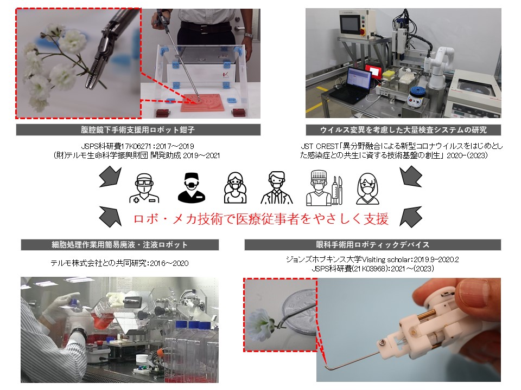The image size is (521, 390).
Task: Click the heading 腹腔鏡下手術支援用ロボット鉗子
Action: (138, 130)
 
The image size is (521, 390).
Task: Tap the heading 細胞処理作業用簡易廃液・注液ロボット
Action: (120, 245)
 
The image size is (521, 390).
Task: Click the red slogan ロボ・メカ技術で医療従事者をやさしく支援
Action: (261, 219)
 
